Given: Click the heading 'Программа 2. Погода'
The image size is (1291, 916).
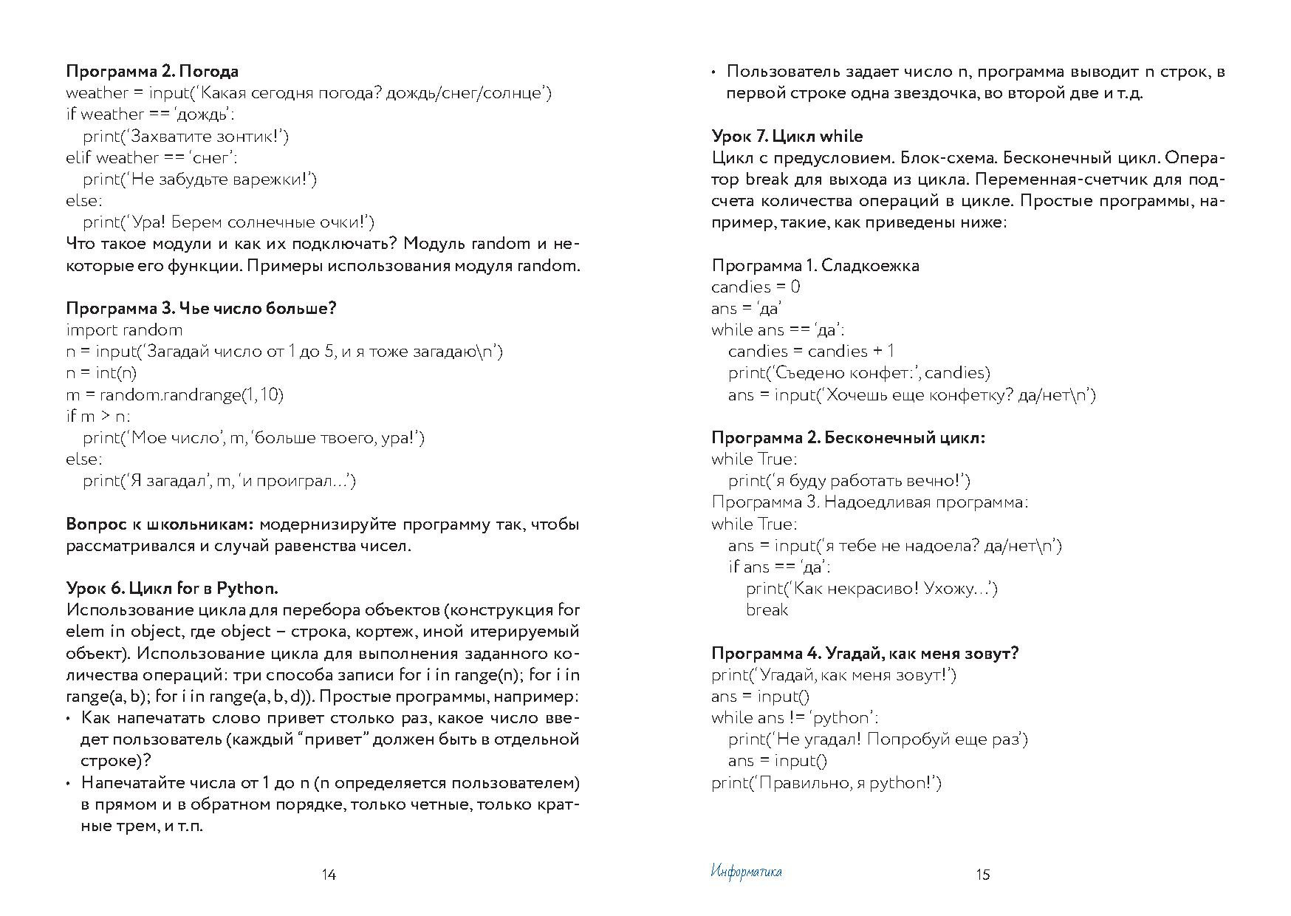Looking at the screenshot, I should pos(152,72).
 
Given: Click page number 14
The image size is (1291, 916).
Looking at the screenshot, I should pos(329,875).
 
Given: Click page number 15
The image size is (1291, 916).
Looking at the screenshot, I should pos(982,875).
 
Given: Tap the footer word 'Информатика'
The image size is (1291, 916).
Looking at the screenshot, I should pos(746,872).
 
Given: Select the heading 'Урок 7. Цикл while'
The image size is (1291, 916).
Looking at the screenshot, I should pos(787,136).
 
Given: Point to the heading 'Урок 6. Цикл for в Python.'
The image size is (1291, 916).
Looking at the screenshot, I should pos(172,589).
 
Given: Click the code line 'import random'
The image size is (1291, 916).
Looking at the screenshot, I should pos(124,330).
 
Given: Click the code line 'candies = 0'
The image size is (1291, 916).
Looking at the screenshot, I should pos(756,287).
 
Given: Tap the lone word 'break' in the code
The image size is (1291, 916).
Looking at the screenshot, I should pos(767,610).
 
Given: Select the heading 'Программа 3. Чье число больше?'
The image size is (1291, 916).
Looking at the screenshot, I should pos(201,308).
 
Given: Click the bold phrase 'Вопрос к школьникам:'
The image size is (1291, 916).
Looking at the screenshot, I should pos(160,524).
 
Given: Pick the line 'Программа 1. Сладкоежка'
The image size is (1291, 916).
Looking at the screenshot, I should pos(815,265).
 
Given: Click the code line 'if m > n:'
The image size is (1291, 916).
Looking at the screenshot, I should pos(98,416).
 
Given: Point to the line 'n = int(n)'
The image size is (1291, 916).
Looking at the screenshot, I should pos(101,373).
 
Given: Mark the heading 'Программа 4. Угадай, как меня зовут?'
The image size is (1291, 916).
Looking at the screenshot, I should pos(865,653).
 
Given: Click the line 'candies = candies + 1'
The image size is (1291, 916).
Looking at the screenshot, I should pos(811,352).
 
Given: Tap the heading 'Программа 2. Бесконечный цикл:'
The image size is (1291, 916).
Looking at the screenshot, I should pos(849,437).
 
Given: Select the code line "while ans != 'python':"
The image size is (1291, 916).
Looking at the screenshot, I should pos(795,718).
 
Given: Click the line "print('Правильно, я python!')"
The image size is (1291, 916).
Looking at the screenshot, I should pos(826,783).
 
